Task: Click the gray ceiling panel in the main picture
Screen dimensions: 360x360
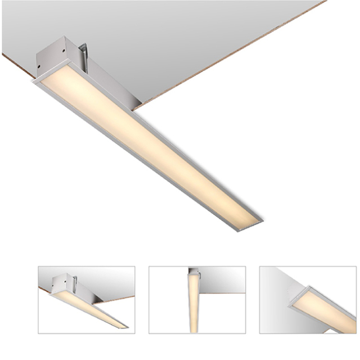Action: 169,34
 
